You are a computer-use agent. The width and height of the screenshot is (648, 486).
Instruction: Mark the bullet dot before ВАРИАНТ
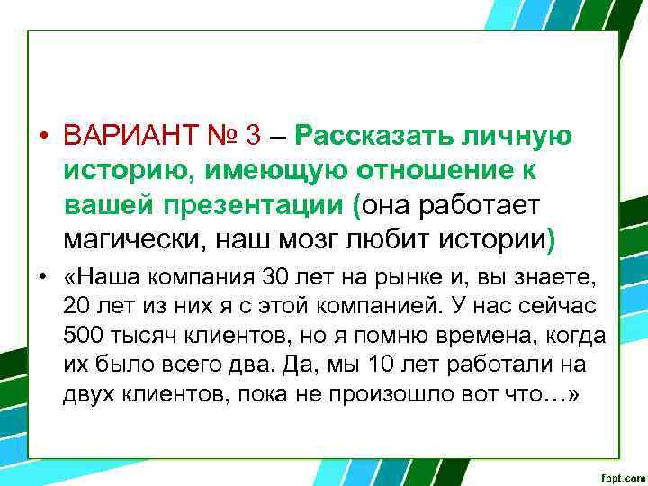pos(42,138)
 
